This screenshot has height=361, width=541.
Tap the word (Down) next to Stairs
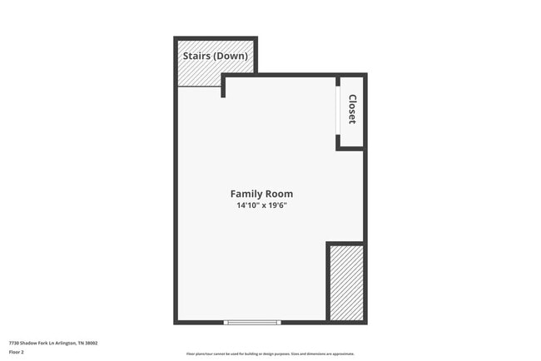[232, 57]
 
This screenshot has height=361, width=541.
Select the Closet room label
[352, 109]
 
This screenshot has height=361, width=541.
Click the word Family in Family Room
[247, 194]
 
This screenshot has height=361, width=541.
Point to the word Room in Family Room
[279, 194]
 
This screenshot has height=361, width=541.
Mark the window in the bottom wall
[253, 322]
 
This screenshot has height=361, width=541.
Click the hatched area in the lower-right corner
[346, 283]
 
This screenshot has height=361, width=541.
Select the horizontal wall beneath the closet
[350, 148]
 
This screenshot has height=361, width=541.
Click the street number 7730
[14, 343]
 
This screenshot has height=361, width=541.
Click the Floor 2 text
[17, 353]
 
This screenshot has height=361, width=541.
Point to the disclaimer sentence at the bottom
[270, 354]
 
